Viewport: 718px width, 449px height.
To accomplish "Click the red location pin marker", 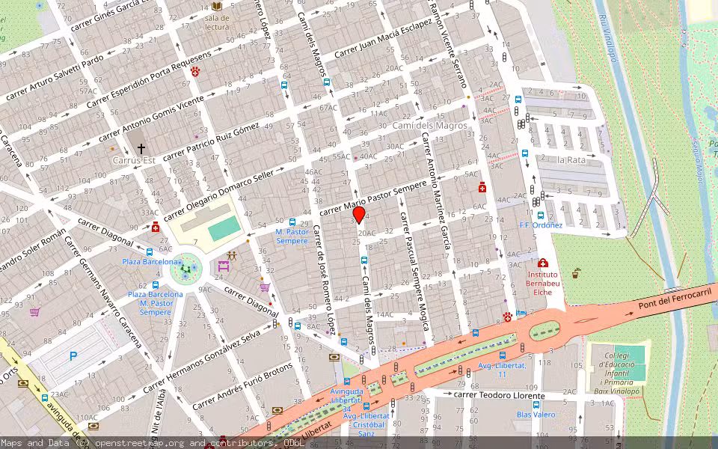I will (x=358, y=216).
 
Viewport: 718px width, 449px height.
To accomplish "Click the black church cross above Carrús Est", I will (x=141, y=149).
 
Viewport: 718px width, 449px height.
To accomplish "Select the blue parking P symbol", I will (x=73, y=357).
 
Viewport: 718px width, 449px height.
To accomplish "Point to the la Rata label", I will (x=571, y=160).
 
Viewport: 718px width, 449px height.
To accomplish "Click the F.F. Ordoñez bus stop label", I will (x=541, y=224).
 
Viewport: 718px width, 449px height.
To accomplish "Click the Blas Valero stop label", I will (x=536, y=415).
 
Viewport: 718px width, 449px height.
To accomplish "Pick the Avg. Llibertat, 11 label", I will (x=503, y=369).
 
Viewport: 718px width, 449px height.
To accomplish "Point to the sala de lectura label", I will (x=217, y=22).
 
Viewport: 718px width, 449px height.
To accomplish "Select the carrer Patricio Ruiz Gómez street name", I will (x=211, y=141).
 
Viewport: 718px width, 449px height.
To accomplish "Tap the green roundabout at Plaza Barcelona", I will (x=185, y=269).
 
